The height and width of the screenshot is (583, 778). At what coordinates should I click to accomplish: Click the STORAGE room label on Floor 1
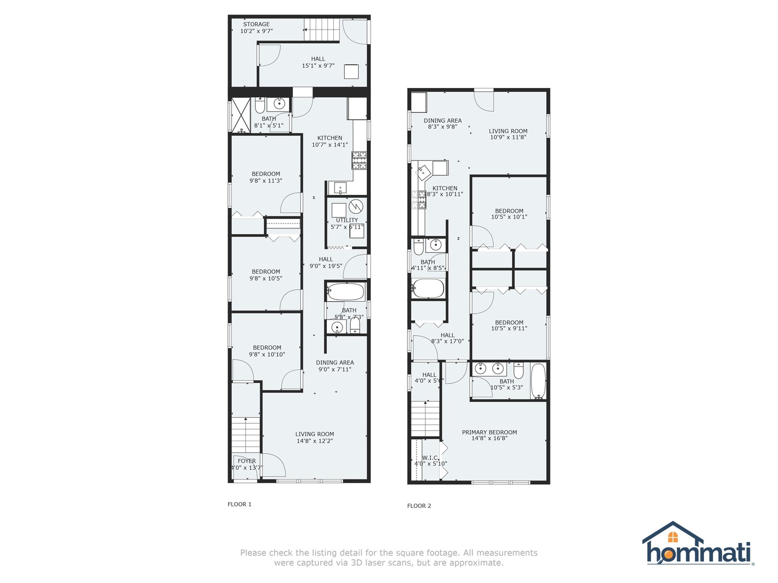click(256, 24)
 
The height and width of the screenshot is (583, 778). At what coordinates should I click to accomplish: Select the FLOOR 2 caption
click(419, 506)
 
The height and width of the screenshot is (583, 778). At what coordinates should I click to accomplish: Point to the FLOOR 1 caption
click(239, 504)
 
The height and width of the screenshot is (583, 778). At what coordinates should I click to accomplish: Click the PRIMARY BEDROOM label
click(489, 432)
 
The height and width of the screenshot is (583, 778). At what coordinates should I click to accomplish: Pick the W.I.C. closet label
click(430, 458)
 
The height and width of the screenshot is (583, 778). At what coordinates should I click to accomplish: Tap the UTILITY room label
click(347, 220)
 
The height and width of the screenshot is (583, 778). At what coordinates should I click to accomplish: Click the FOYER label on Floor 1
click(246, 461)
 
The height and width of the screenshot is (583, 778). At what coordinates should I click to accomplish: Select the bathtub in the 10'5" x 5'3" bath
click(538, 381)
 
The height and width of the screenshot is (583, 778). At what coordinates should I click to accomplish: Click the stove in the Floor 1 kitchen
click(359, 159)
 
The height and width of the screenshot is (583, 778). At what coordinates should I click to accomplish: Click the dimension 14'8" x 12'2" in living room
click(314, 441)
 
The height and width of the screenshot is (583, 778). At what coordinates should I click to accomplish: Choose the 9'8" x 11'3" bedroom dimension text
click(266, 181)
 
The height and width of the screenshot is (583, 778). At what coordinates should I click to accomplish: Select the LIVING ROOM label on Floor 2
click(508, 131)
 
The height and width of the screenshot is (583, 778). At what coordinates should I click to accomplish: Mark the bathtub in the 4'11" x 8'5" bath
click(428, 288)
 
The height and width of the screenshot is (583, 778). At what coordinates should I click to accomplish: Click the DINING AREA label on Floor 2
click(442, 120)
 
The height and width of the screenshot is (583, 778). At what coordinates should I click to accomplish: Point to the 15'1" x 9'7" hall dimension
click(318, 66)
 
